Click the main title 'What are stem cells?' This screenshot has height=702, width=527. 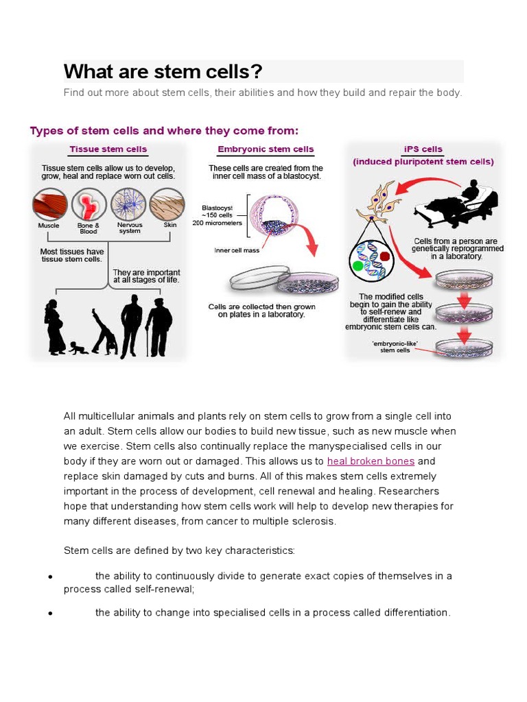[x=163, y=71]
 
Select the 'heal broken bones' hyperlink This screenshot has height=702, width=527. [x=371, y=461]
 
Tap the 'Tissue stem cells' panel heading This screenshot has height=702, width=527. [x=108, y=149]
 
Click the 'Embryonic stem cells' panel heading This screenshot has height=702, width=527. [x=265, y=149]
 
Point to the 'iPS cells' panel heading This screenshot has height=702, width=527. [x=423, y=149]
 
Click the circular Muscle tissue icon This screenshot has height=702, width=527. [x=49, y=204]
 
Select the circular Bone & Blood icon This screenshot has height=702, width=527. [x=89, y=204]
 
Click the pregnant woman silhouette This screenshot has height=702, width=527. [x=55, y=327]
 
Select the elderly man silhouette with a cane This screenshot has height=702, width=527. [x=159, y=326]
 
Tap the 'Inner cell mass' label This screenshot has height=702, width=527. [x=237, y=250]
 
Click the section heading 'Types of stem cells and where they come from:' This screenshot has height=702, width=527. [x=164, y=130]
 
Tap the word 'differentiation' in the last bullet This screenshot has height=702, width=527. [x=414, y=612]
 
